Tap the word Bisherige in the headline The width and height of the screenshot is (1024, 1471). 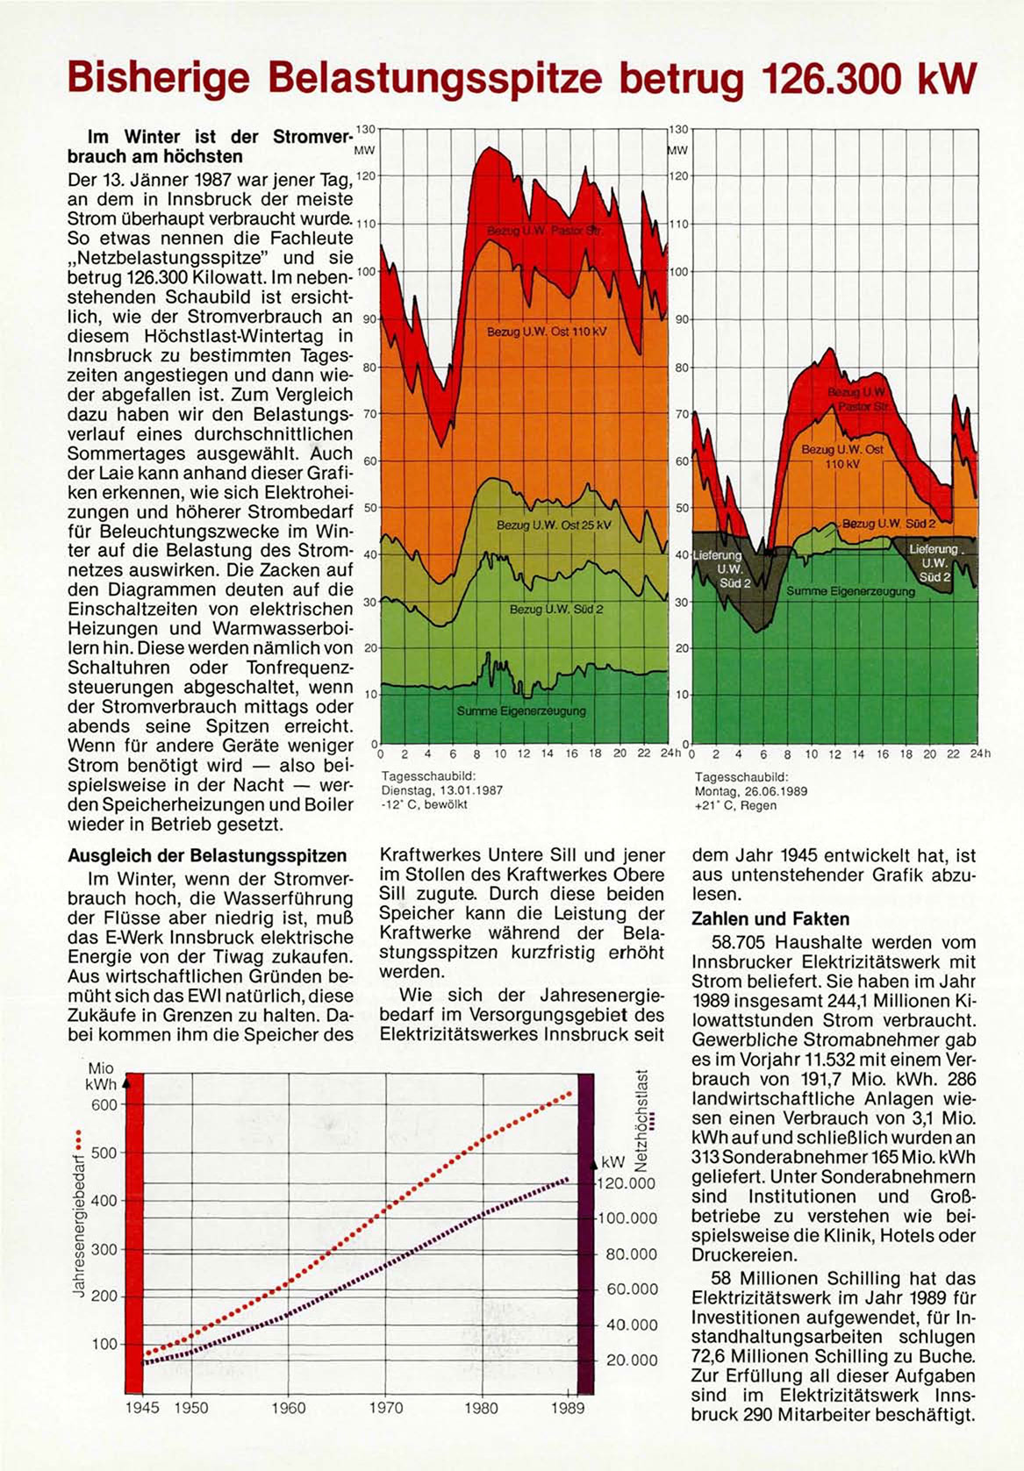coord(161,79)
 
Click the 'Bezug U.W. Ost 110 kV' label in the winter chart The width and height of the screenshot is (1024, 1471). coord(546,333)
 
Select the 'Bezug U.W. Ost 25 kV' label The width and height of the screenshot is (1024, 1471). coord(553,525)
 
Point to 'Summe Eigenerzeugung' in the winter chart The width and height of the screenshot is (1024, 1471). coord(521,711)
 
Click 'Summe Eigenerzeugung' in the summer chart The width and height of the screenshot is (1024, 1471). coord(850,591)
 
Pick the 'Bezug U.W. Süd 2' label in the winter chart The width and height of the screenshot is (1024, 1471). coord(556,609)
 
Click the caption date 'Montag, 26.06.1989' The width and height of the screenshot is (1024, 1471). coord(751,790)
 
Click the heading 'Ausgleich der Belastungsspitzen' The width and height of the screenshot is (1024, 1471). coord(207,855)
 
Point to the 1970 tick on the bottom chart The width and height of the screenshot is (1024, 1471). coord(385,1408)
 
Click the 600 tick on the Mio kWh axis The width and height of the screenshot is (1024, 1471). coord(104,1104)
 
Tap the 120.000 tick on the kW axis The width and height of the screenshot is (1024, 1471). coord(627,1183)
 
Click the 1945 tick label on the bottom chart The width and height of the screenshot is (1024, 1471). coord(142,1408)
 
